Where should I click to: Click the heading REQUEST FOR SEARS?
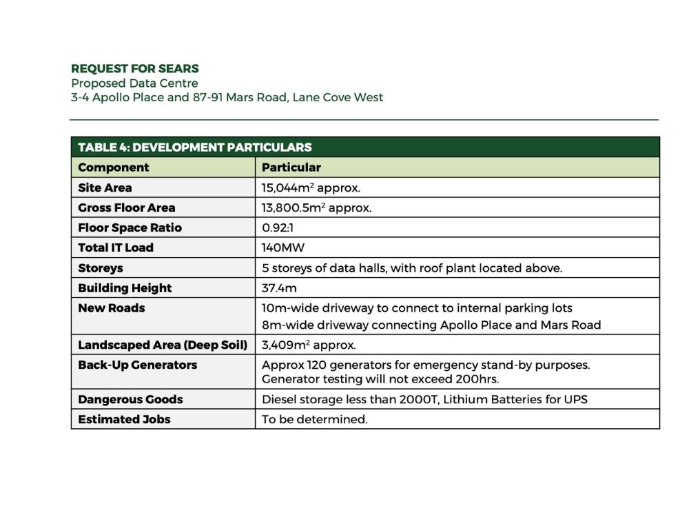(x=135, y=69)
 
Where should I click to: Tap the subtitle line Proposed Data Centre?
(x=134, y=83)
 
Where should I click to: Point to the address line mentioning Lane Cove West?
(x=227, y=97)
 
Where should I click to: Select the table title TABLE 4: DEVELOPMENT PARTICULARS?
(x=194, y=148)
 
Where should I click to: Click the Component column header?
(x=113, y=168)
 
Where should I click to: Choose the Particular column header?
(x=291, y=168)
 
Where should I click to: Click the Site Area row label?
(x=105, y=187)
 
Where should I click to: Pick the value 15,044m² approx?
(x=311, y=187)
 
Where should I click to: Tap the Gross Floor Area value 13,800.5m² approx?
(x=316, y=207)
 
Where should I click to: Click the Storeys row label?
(x=101, y=268)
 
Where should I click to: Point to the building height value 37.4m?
(x=279, y=288)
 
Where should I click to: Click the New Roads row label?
(x=112, y=308)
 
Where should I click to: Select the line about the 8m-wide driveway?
(x=431, y=325)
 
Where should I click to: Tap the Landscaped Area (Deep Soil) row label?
(x=162, y=345)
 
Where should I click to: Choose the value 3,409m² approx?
(x=309, y=345)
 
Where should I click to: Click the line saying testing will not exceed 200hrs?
(x=380, y=380)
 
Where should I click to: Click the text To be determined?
(x=314, y=420)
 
